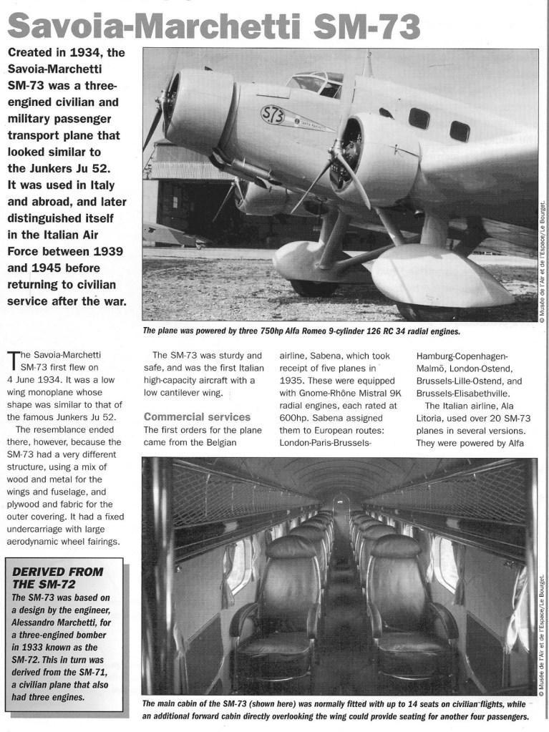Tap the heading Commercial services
197,416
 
